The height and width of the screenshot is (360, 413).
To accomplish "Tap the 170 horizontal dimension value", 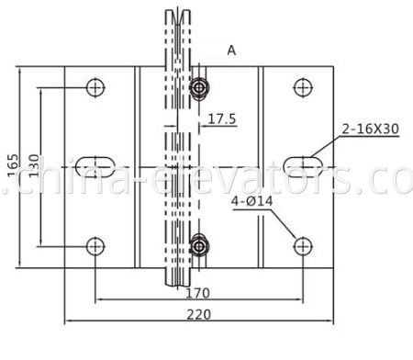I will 196,293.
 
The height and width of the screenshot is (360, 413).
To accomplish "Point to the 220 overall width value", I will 196,313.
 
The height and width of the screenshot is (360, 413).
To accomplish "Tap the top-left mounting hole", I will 95,87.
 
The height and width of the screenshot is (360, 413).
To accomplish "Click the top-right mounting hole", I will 301,87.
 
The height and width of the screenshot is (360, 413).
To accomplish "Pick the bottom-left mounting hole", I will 95,245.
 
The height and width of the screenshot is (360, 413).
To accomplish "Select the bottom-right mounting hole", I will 301,245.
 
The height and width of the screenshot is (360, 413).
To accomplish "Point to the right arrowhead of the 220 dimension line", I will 332,321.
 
